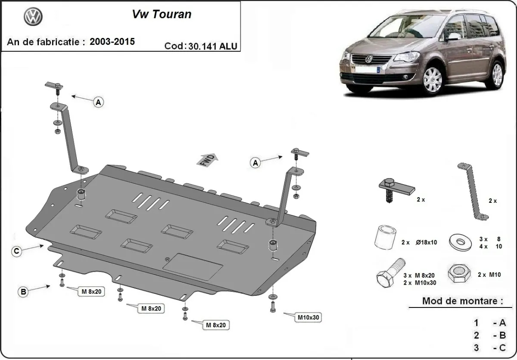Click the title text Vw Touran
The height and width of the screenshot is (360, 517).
162,14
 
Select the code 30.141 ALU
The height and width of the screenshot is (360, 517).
212,46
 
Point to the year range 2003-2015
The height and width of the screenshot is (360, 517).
112,41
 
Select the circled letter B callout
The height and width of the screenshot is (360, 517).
23,292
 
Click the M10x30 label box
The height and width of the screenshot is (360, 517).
308,318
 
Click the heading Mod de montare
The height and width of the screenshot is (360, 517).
462,301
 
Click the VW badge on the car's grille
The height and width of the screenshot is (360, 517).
368,59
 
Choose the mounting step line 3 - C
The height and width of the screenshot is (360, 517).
490,348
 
